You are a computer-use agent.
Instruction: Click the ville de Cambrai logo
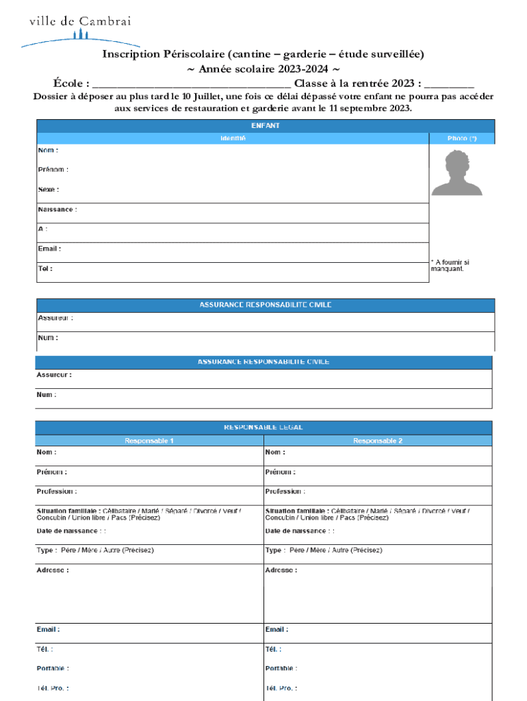79,31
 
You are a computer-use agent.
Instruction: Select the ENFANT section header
265,126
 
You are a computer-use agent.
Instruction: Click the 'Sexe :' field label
48,189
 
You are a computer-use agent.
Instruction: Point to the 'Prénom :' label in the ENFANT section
53,169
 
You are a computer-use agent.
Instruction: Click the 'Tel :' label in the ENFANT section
44,268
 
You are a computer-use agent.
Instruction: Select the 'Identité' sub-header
233,138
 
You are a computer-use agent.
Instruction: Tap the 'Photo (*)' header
462,138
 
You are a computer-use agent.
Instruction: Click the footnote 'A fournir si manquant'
450,266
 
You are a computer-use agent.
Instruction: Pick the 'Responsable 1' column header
149,441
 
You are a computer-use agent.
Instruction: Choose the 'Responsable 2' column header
378,441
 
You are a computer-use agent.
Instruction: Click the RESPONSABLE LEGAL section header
263,427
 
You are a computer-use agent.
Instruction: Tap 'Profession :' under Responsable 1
56,492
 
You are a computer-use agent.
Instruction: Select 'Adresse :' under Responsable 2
281,570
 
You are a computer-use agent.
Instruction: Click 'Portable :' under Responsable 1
52,668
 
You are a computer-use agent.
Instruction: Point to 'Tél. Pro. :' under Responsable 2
281,688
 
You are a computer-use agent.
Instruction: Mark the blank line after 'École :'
192,84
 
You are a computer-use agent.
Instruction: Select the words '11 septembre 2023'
370,108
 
